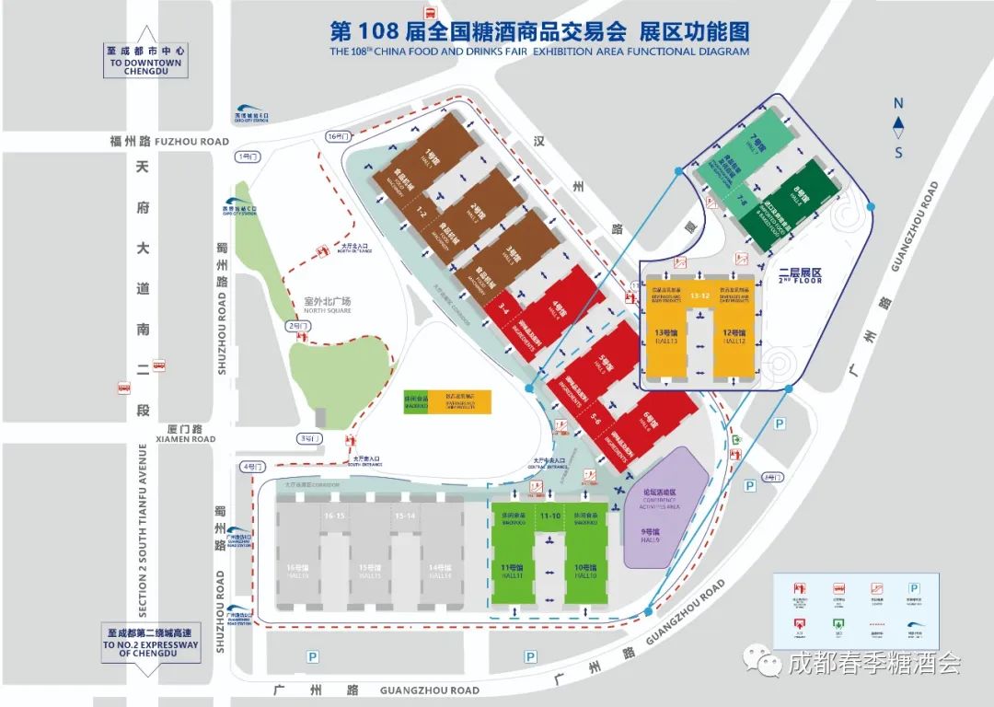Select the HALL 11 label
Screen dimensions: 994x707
coord(513,572)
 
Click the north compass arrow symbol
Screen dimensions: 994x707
coord(899,123)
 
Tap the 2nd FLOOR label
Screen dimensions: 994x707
coord(799,276)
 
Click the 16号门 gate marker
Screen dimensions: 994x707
coord(339,136)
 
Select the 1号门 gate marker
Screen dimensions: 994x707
coord(248,156)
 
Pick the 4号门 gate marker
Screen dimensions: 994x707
coord(249,467)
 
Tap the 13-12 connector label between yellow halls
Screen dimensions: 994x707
coord(700,296)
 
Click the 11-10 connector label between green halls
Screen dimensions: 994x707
coord(550,516)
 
